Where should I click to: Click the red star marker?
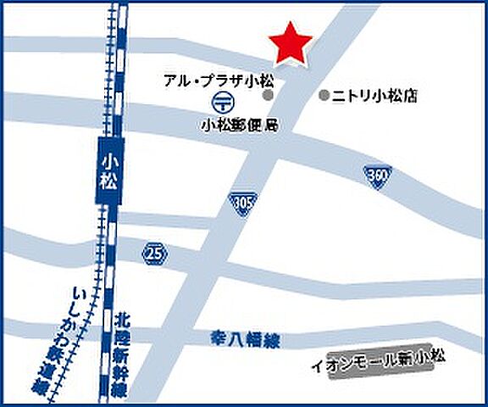290,43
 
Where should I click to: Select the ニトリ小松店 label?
375,96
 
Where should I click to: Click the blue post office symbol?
223,103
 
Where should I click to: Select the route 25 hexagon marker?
153,252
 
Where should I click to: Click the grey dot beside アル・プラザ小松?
268,96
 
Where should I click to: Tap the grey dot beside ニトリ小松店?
323,96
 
